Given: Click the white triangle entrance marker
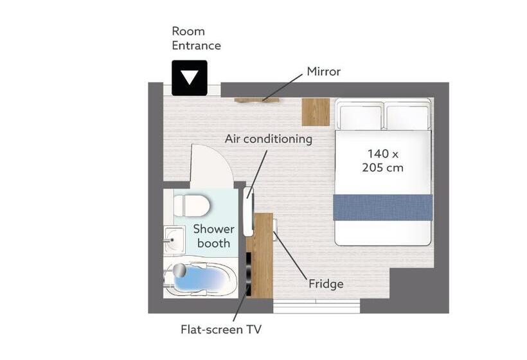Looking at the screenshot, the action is (x=190, y=77).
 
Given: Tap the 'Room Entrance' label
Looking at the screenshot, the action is (x=196, y=39).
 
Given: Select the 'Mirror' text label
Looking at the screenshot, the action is (x=324, y=71).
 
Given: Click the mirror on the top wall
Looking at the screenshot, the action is (x=257, y=100).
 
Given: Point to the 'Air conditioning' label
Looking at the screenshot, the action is (x=269, y=139).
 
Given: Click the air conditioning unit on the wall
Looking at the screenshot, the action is (x=248, y=212).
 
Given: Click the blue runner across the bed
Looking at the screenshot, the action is (x=383, y=207).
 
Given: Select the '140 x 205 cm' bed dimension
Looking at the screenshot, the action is (x=383, y=161).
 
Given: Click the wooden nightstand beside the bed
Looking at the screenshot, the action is (x=316, y=112).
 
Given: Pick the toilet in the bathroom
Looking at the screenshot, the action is (x=192, y=205).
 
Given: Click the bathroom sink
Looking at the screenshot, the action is (x=174, y=239).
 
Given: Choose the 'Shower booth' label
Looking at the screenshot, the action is (x=214, y=236).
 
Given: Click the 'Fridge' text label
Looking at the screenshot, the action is (x=326, y=284).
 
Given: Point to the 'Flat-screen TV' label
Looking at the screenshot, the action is (x=221, y=329).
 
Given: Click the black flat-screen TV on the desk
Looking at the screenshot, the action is (x=248, y=274).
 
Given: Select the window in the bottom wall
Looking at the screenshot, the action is (x=316, y=307).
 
